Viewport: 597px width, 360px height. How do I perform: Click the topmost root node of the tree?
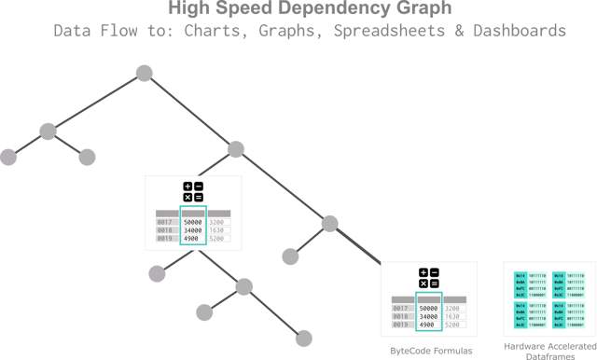pyautogui.click(x=143, y=73)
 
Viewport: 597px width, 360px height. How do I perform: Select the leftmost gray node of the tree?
pyautogui.click(x=8, y=157)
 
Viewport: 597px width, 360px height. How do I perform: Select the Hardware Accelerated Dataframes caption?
pyautogui.click(x=548, y=347)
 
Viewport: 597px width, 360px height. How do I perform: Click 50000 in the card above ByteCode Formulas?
pyautogui.click(x=429, y=308)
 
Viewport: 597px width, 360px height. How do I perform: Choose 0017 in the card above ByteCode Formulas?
pyautogui.click(x=402, y=308)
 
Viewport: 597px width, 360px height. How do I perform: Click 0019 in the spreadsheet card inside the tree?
pyautogui.click(x=166, y=240)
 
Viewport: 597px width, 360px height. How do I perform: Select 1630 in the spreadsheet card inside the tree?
pyautogui.click(x=217, y=230)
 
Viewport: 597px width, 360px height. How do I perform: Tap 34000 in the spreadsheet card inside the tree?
pyautogui.click(x=193, y=230)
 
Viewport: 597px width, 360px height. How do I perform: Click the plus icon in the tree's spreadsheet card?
pyautogui.click(x=187, y=187)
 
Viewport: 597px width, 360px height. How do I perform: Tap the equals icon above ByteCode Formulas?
pyautogui.click(x=435, y=284)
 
